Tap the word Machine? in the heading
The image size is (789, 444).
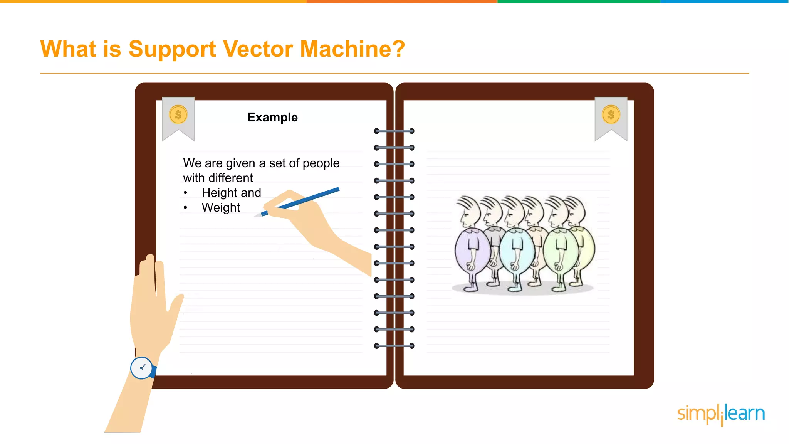click(x=353, y=49)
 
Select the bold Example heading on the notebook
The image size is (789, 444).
click(x=272, y=117)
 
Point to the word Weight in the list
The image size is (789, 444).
click(x=221, y=207)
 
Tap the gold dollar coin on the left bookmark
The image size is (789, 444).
click(x=178, y=114)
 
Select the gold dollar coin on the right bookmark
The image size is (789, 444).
click(x=611, y=114)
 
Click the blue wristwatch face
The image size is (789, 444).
click(x=142, y=368)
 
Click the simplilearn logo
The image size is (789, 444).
click(x=721, y=414)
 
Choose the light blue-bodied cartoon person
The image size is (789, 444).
click(x=516, y=251)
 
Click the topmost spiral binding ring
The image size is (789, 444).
click(x=394, y=131)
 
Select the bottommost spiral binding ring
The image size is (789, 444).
click(x=394, y=346)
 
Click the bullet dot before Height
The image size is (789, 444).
click(x=186, y=193)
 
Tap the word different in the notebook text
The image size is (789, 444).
click(x=230, y=178)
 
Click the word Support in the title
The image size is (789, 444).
click(x=172, y=49)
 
